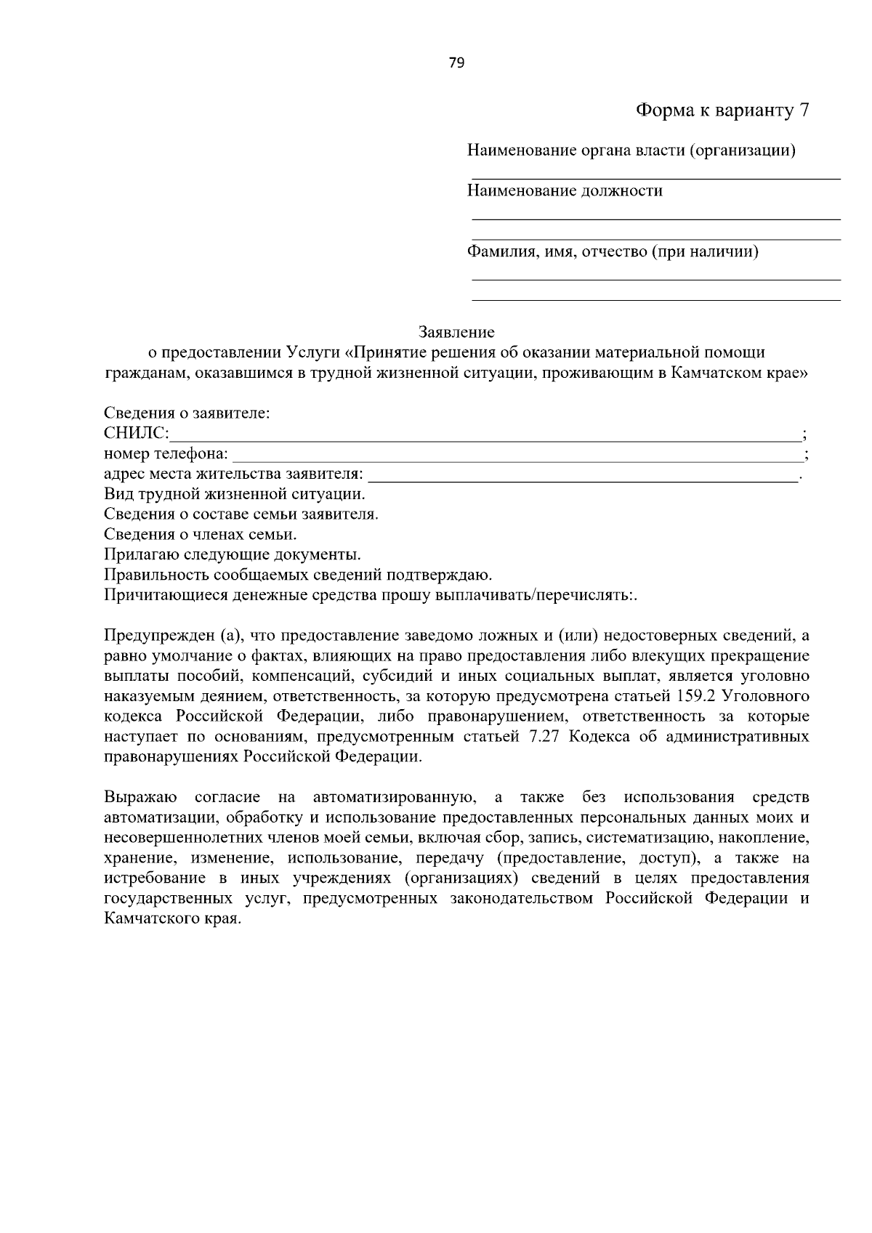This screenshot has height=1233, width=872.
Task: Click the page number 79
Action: [x=456, y=62]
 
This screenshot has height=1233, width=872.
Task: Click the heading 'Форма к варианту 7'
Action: [x=722, y=110]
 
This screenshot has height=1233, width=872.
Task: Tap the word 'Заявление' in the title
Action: [x=456, y=333]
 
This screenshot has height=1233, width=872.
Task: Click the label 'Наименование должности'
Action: [x=565, y=191]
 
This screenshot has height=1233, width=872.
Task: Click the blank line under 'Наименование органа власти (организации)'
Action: [x=655, y=177]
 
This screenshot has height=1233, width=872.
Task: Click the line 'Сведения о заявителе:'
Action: [x=187, y=413]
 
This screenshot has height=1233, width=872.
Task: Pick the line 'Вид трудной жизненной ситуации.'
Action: [x=235, y=495]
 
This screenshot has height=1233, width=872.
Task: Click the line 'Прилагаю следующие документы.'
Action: [x=233, y=555]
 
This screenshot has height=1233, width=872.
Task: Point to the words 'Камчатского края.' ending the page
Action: [x=171, y=918]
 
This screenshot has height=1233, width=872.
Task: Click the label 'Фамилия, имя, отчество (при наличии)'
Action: [x=613, y=252]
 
